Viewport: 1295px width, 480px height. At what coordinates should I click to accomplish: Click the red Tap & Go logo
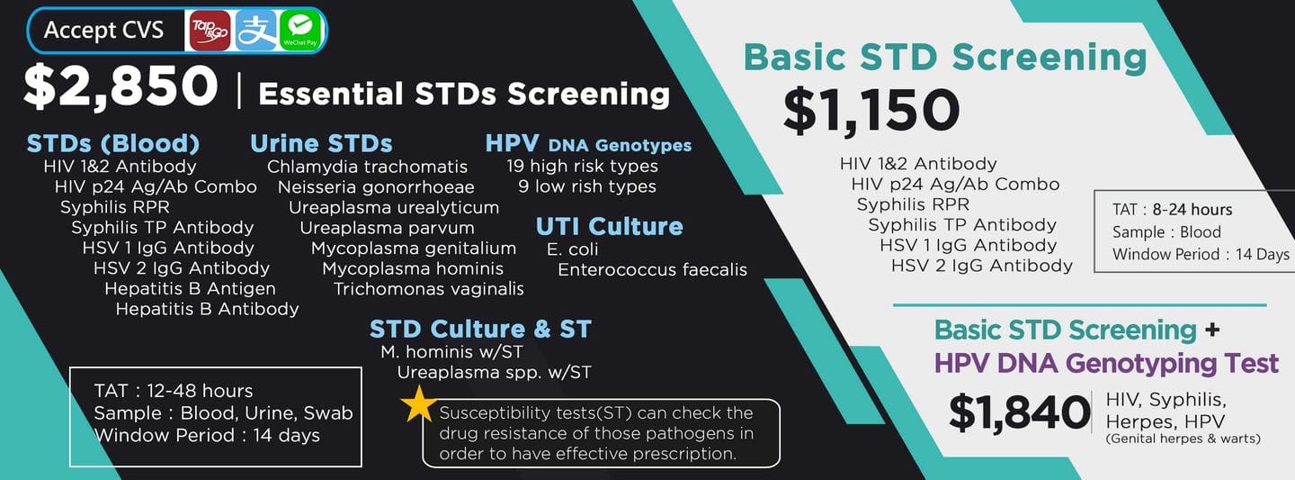(x=210, y=31)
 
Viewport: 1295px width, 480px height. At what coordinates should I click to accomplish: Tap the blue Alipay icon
(x=255, y=31)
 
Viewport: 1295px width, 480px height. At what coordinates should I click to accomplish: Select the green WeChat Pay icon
(x=300, y=31)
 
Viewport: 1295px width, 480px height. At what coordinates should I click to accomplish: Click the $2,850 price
(x=121, y=86)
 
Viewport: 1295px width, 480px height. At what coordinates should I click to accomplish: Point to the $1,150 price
(x=871, y=111)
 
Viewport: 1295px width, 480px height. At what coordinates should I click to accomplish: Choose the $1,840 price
(x=1019, y=412)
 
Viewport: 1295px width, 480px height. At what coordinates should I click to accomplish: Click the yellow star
(x=419, y=403)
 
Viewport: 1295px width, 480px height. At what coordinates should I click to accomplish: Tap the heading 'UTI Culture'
(x=610, y=226)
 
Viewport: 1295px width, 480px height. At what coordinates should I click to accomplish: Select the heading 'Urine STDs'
(x=321, y=143)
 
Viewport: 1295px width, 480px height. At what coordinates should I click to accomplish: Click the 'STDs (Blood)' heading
(x=113, y=143)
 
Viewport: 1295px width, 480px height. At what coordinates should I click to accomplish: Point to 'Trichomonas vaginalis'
(x=428, y=289)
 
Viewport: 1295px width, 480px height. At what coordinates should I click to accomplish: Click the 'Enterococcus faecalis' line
(x=652, y=270)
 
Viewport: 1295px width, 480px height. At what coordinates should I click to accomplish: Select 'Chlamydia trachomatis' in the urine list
(x=367, y=167)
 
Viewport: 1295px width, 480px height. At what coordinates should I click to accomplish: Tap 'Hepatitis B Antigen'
(x=191, y=288)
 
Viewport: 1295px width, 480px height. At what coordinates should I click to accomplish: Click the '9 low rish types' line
(x=587, y=186)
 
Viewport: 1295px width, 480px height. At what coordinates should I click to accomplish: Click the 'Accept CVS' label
(x=104, y=30)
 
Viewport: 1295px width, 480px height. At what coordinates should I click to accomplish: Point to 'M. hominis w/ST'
(x=451, y=352)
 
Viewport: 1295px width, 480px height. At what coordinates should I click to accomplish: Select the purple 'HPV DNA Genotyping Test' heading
(x=1106, y=364)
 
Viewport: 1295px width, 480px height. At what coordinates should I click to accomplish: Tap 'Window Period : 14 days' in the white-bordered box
(x=207, y=435)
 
